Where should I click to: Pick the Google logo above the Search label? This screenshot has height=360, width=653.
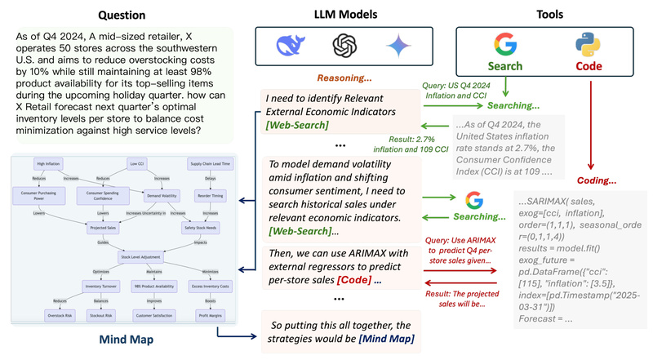coord(505,44)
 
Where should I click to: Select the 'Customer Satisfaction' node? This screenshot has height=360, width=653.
coord(153,314)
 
